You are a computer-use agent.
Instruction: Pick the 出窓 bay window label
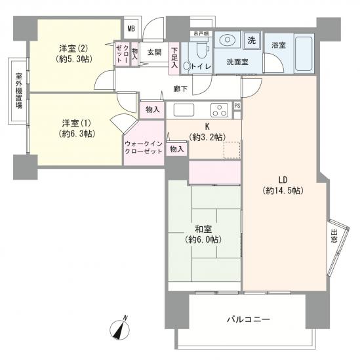coord(335,237)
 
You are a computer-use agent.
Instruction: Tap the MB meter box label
coord(130,28)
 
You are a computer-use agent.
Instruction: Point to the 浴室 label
coord(278,45)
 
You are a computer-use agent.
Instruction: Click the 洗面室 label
coord(237,62)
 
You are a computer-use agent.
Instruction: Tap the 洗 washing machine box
coord(251,39)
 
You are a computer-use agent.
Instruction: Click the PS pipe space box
coord(237,106)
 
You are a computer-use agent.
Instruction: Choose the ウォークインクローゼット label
coord(144,146)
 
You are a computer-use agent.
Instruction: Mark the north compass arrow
coord(119,330)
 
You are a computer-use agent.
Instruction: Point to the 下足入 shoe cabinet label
coord(174,56)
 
